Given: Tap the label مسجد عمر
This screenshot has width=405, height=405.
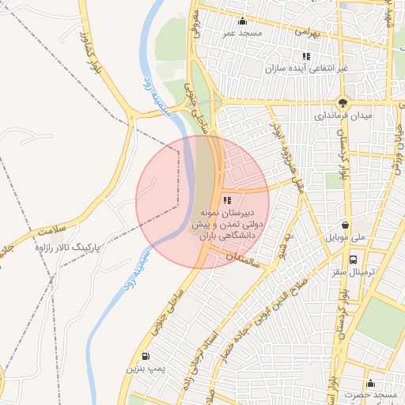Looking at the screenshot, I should [240, 34].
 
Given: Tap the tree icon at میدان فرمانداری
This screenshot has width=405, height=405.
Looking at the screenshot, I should [343, 102].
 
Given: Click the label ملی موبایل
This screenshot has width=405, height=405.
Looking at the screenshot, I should [344, 237].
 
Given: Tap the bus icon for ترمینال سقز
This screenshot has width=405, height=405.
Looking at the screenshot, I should [354, 258].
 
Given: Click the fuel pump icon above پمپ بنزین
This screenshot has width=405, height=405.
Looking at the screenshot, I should [145, 356].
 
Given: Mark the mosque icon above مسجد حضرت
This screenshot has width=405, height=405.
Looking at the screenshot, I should [369, 384].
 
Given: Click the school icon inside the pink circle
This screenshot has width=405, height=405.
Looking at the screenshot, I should [228, 200].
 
